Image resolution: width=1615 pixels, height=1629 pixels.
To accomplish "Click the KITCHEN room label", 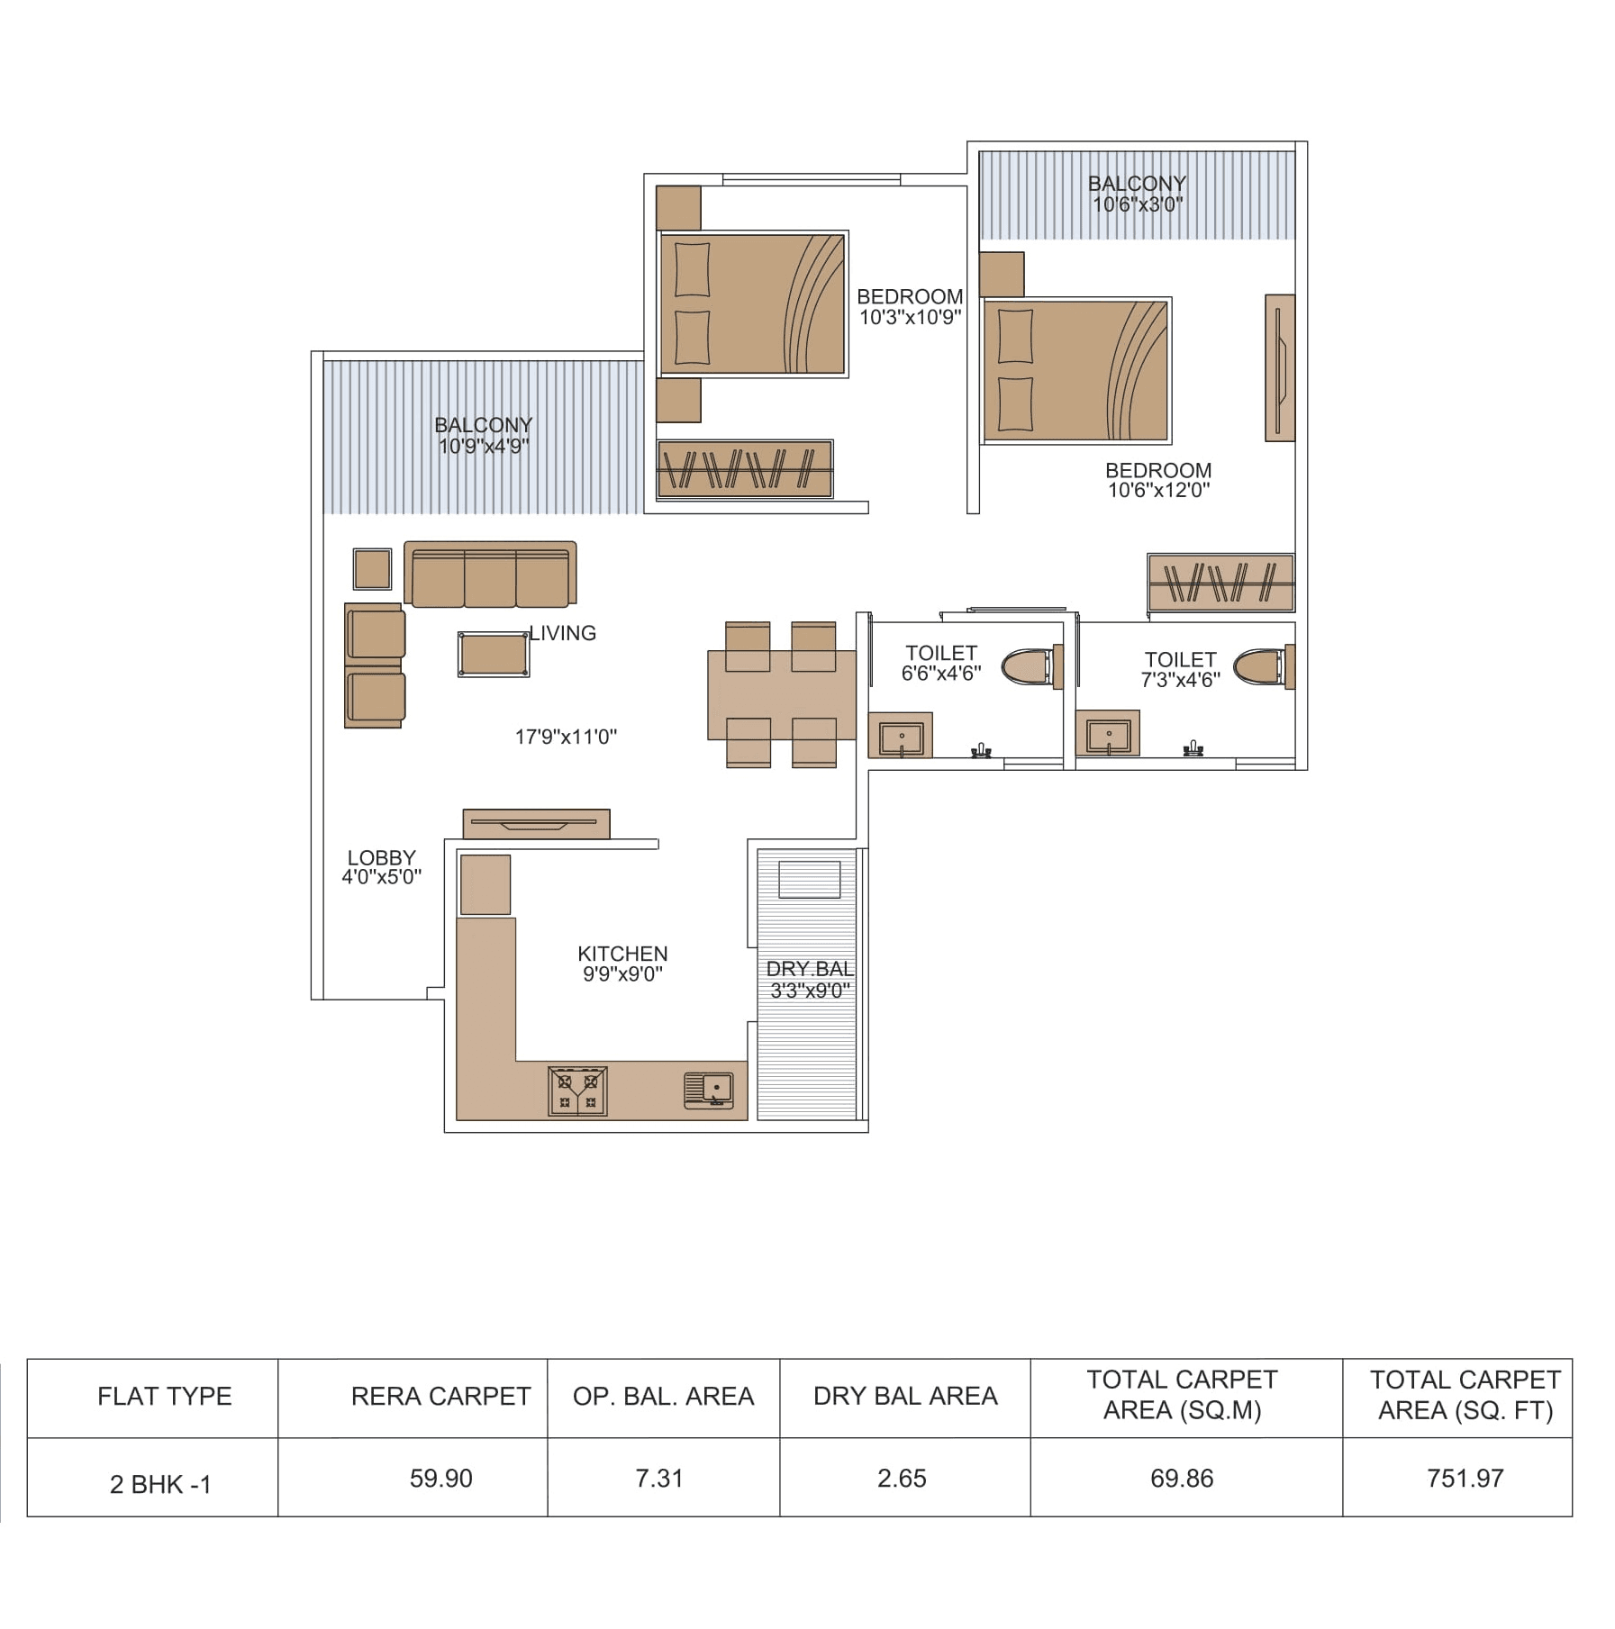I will click(622, 953).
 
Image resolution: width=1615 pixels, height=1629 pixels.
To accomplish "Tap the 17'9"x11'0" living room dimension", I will click(566, 737).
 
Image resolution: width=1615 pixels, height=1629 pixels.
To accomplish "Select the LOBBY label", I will click(381, 857).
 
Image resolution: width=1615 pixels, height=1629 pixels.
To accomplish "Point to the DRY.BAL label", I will click(809, 969).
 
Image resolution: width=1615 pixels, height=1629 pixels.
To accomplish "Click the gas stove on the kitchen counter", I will click(577, 1091).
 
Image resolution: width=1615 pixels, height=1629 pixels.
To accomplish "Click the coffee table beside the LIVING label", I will click(493, 654).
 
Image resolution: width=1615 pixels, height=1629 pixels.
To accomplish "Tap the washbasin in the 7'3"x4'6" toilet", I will click(1107, 734).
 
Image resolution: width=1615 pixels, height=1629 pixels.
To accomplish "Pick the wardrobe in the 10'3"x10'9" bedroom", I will click(744, 468).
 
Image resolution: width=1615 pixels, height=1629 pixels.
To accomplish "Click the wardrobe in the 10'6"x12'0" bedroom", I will click(1220, 582).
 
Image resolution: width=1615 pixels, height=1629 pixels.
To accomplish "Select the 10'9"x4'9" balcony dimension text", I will click(484, 446).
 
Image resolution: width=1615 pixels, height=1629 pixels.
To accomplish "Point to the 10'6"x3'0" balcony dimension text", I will click(1137, 204).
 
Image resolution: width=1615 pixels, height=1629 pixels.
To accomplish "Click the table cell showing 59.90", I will click(440, 1478).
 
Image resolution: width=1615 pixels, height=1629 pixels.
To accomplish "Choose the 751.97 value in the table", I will click(1465, 1478).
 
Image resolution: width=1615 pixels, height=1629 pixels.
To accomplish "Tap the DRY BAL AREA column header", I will click(904, 1396).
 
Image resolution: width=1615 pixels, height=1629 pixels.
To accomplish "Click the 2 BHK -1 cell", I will click(160, 1484).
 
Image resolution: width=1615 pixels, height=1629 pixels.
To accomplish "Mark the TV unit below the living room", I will click(536, 823).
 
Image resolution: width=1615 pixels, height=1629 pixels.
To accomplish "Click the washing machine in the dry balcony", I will click(809, 879).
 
